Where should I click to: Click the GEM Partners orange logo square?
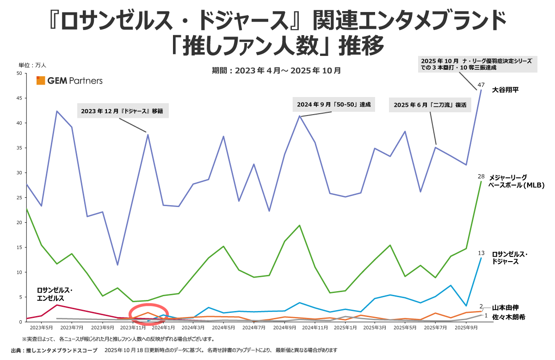[x=41, y=80]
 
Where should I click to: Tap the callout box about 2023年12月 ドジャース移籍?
[x=122, y=111]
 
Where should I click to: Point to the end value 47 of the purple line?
[x=481, y=85]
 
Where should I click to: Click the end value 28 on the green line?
[x=481, y=177]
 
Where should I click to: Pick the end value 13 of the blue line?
[x=481, y=253]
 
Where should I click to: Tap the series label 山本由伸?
[x=506, y=307]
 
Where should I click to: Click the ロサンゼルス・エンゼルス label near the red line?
[x=55, y=294]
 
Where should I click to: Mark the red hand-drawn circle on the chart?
[x=149, y=314]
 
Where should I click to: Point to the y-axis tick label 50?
[x=18, y=73]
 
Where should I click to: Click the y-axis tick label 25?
[x=18, y=197]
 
